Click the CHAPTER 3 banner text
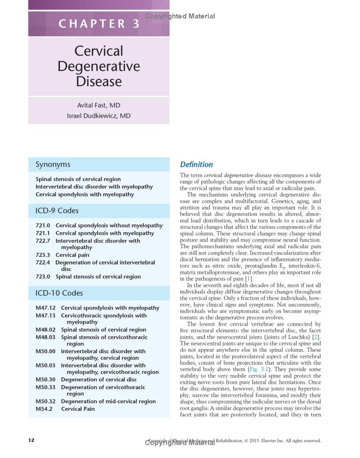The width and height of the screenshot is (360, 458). [99, 23]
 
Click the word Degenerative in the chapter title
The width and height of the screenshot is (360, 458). [99, 66]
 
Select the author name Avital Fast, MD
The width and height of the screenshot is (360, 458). [99, 105]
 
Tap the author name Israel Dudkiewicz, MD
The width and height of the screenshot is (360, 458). [99, 116]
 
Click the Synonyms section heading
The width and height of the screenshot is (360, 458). [53, 165]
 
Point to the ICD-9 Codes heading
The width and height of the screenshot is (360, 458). [57, 211]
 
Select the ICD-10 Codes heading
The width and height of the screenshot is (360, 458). [59, 293]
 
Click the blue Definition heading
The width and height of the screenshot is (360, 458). [196, 165]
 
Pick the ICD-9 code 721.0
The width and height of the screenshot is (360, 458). [43, 225]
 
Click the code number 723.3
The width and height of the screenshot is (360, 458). [43, 255]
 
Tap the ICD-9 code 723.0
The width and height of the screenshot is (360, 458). [43, 277]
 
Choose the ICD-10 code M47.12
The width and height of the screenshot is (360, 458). [45, 308]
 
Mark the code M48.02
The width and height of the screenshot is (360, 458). [45, 330]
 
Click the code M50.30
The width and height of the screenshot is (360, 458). [45, 380]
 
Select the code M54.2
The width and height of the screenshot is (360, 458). [44, 409]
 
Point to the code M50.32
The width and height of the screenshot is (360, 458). [45, 401]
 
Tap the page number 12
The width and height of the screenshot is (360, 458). [31, 440]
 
